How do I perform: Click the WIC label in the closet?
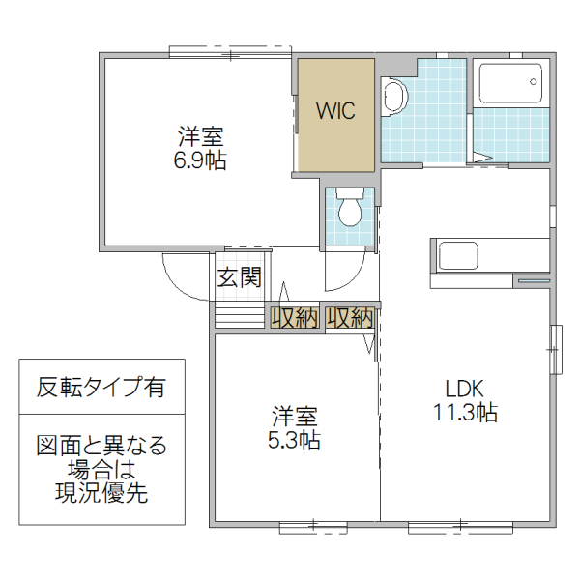click(x=335, y=110)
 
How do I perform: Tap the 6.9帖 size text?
click(x=200, y=160)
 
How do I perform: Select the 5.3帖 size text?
click(x=295, y=440)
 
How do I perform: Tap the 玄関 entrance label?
click(x=239, y=278)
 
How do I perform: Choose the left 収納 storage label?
click(x=294, y=318)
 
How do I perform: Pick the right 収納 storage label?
click(x=350, y=318)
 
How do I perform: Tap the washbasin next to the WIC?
click(x=394, y=97)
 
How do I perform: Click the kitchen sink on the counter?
click(x=458, y=256)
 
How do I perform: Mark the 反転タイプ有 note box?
click(x=101, y=388)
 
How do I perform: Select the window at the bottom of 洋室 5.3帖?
click(x=312, y=526)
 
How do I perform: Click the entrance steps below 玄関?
click(x=238, y=315)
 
